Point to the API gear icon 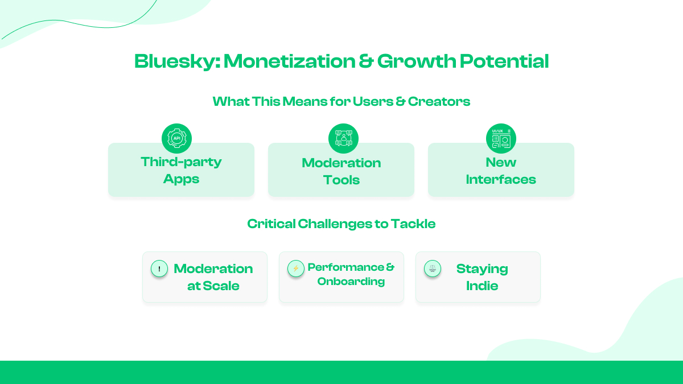pos(176,138)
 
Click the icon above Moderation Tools pos(343,138)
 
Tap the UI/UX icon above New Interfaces pos(501,138)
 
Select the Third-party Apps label pos(181,170)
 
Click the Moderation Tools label pos(341,171)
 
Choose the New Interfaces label pos(501,171)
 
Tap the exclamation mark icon pos(159,269)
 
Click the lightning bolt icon pos(296,269)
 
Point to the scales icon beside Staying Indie pos(433,269)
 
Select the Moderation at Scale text pos(213,277)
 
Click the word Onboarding pos(351,282)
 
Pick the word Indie pos(482,286)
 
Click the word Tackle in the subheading pos(413,224)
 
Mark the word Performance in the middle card pos(345,267)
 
